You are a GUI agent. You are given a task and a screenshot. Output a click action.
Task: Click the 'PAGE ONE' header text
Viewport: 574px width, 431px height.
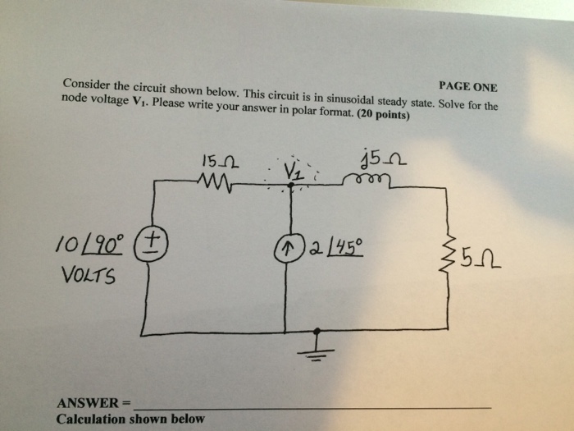tap(467, 87)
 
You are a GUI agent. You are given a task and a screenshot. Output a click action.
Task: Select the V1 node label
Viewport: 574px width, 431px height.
tap(293, 171)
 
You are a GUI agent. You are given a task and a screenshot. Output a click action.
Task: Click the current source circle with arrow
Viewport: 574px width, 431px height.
tap(286, 247)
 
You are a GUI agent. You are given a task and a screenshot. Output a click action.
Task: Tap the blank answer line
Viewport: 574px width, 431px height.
tap(312, 406)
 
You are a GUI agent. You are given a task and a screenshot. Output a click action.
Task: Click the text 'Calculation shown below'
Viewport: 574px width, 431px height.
tap(130, 419)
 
